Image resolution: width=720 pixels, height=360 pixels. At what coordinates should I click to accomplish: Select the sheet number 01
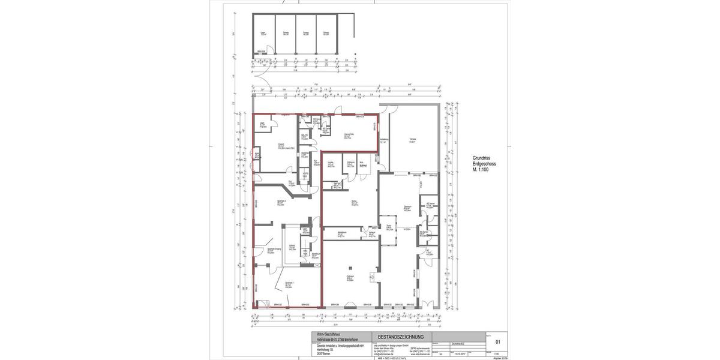point(497,342)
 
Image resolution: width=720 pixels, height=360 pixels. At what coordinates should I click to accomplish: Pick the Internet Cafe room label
point(347,135)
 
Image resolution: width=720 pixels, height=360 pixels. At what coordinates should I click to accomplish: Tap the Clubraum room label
point(349,277)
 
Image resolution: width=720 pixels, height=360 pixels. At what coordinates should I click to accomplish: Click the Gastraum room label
point(407,208)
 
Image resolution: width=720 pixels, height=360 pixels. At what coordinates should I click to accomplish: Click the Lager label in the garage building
point(263,34)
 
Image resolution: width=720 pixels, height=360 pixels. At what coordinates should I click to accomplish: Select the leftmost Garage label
point(286,34)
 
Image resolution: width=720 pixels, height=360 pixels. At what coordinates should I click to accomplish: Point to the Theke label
point(389,227)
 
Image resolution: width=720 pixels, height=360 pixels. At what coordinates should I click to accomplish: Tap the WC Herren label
point(430,205)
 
